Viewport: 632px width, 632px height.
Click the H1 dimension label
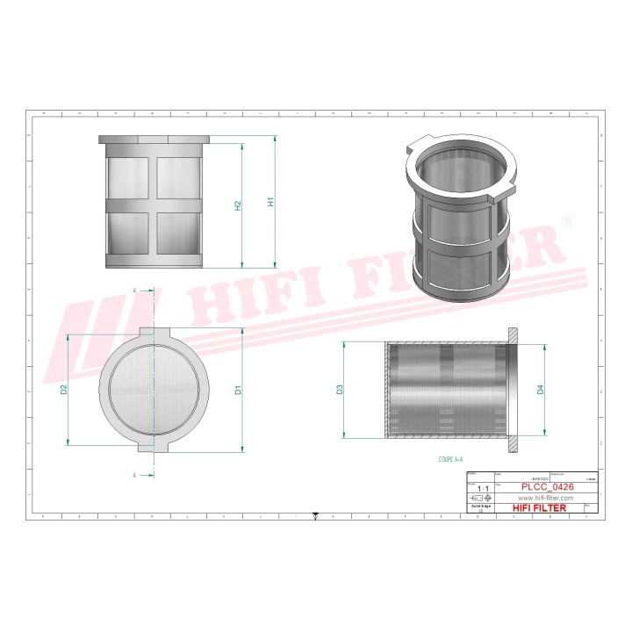[x=272, y=202]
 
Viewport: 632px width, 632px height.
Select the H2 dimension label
[x=238, y=205]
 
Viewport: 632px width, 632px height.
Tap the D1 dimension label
[x=238, y=390]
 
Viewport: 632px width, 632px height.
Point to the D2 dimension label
[x=64, y=389]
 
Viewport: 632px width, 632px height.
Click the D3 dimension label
[x=340, y=389]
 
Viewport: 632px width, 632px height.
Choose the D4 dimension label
[x=541, y=389]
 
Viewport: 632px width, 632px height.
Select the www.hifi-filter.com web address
[x=541, y=498]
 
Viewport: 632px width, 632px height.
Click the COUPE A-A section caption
[x=451, y=459]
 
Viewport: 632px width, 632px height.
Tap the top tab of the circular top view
[x=156, y=333]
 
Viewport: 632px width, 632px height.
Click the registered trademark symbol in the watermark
[x=568, y=222]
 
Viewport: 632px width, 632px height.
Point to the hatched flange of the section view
[x=513, y=389]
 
